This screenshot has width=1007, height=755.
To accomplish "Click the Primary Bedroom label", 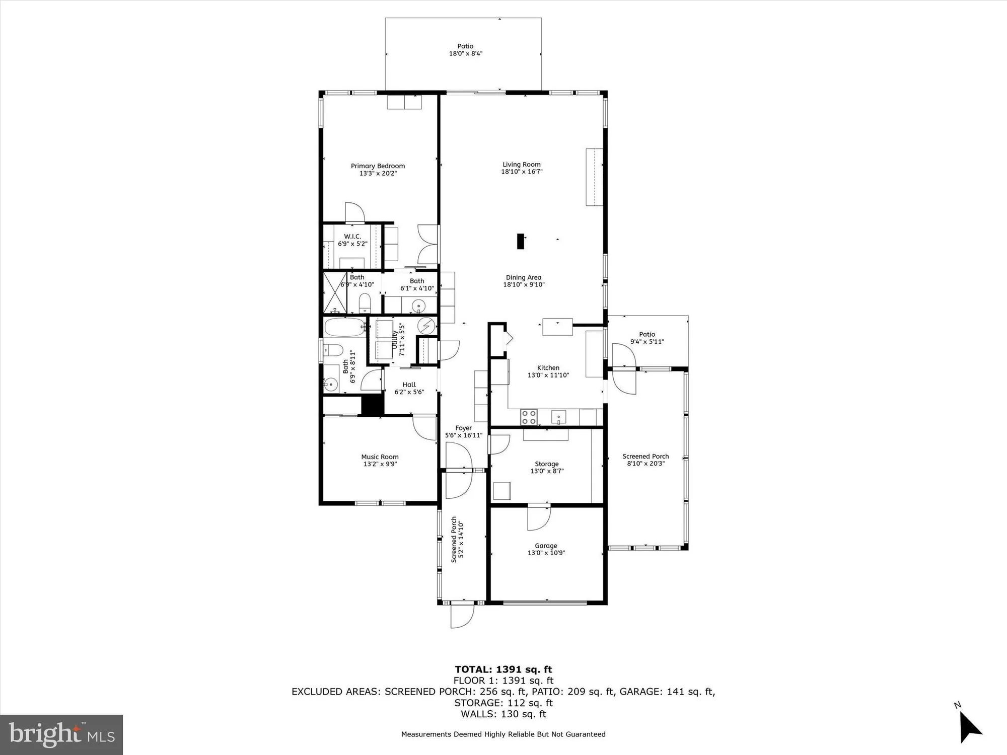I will click(378, 166).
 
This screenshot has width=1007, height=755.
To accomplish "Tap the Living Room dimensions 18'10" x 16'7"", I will click(522, 172).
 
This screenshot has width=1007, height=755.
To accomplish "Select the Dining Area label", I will click(523, 277).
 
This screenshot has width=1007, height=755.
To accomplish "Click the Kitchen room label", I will click(548, 368).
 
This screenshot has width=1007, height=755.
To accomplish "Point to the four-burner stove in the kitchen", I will click(529, 417).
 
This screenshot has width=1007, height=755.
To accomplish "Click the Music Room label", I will click(380, 457).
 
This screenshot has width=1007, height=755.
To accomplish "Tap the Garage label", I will click(546, 546).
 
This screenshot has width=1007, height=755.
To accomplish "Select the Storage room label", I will click(546, 464).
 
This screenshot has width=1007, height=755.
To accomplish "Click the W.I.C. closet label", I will click(352, 237).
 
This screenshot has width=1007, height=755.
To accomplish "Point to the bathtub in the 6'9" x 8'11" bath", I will click(345, 328).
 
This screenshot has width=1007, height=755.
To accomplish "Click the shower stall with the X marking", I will click(335, 293).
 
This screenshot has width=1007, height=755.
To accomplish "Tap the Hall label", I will click(409, 385).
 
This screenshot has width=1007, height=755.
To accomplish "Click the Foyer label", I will click(463, 428).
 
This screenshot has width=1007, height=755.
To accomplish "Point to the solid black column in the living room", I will click(521, 241).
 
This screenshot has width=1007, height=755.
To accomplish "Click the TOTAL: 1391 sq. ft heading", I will click(503, 669).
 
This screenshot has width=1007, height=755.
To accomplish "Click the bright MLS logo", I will click(61, 734).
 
